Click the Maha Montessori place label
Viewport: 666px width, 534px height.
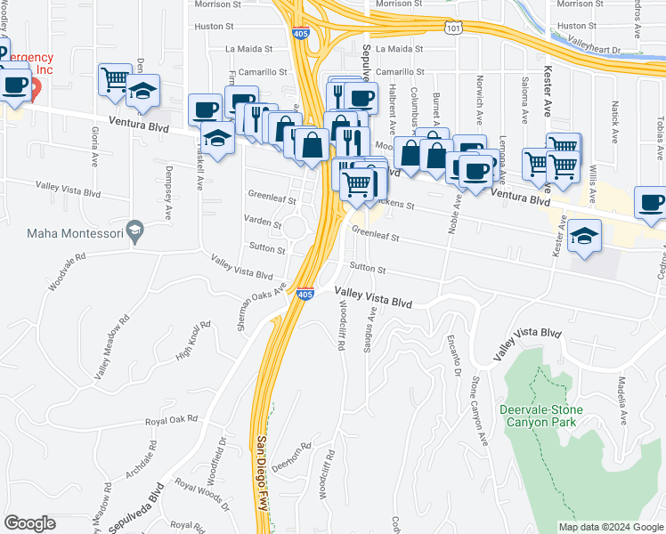pyautogui.click(x=68, y=233)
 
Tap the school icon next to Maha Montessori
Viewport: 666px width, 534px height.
pyautogui.click(x=134, y=231)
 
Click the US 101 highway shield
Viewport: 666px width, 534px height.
pyautogui.click(x=454, y=29)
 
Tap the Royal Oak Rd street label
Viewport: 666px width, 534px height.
pyautogui.click(x=170, y=420)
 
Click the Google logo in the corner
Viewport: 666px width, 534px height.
pyautogui.click(x=29, y=523)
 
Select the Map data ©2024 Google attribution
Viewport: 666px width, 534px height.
pyautogui.click(x=610, y=527)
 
